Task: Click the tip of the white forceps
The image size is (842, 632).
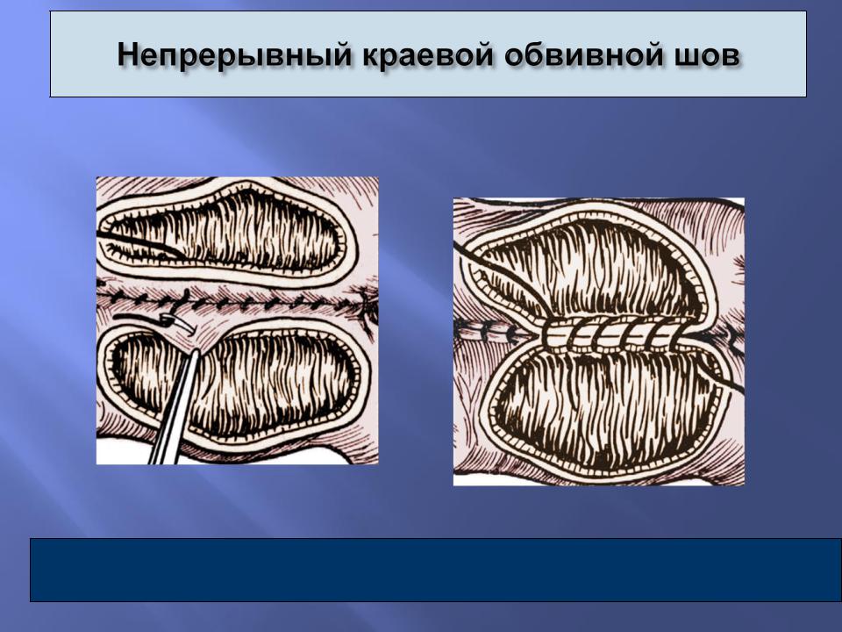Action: pyautogui.click(x=196, y=351)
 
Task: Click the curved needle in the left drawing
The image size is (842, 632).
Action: pyautogui.click(x=178, y=324)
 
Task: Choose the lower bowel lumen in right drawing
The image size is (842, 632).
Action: pyautogui.click(x=607, y=408)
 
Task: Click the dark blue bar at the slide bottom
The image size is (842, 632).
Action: pyautogui.click(x=436, y=570)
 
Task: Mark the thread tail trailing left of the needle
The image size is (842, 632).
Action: pyautogui.click(x=138, y=320)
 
